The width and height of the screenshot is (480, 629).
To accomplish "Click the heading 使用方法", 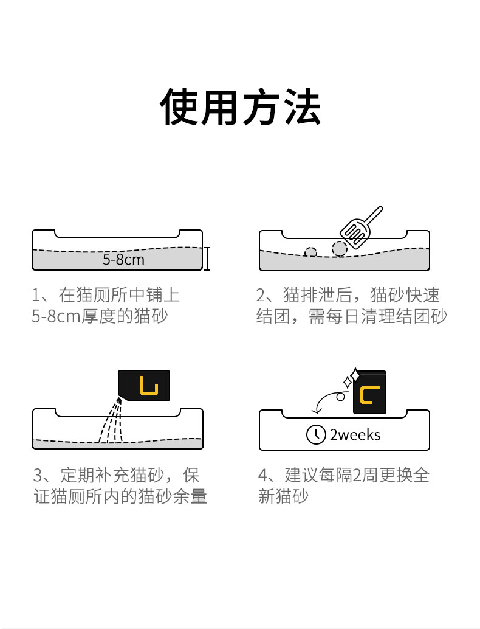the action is (x=241, y=106).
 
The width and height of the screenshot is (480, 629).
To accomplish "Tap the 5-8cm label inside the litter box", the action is (x=123, y=260).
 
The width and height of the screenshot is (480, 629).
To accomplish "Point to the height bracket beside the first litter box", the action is (x=207, y=259).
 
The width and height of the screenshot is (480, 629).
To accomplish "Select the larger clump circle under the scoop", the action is (x=340, y=249).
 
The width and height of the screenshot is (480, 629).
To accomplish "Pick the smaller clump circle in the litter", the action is (x=310, y=252).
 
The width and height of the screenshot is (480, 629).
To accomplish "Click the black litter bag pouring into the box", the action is (x=144, y=386).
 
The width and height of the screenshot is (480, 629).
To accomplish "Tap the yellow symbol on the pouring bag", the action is (x=149, y=386).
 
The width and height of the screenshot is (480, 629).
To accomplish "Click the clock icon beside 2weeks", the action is (x=316, y=434).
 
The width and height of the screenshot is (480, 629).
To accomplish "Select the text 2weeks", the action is (x=355, y=435).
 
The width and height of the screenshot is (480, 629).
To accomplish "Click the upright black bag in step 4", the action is (x=369, y=392).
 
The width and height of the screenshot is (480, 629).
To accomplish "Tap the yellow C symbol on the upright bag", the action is (x=369, y=395).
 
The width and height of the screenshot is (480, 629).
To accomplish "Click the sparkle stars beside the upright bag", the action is (x=351, y=378).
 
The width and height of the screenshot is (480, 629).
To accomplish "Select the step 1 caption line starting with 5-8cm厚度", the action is (x=100, y=316).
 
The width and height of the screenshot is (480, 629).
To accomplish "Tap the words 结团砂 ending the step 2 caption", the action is (x=421, y=316).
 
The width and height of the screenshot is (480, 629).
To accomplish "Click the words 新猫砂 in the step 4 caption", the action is (x=283, y=496).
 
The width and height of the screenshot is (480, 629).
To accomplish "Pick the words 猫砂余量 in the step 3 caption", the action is (x=173, y=496).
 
